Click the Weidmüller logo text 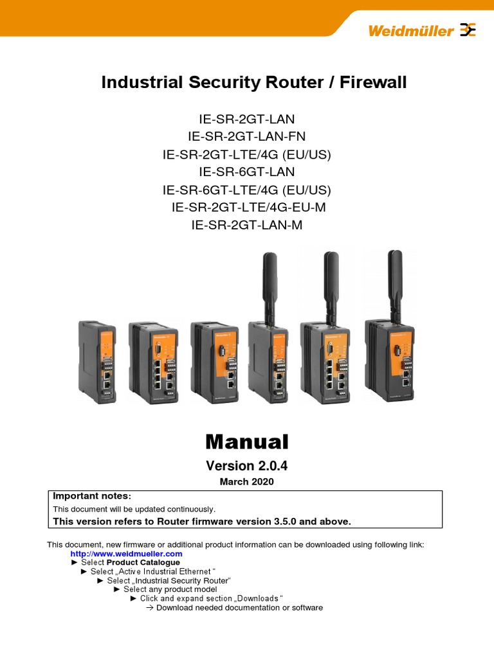click(410, 30)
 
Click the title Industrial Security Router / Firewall click(253, 82)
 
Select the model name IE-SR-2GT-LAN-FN click(247, 136)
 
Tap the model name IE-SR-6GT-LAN click(247, 172)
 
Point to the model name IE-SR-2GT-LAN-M click(247, 225)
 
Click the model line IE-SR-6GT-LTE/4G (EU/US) click(247, 190)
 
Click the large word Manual click(247, 441)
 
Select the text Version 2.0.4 click(247, 466)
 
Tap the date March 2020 click(247, 482)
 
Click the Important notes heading click(92, 496)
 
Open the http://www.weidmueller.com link click(126, 553)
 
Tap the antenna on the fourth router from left click(267, 283)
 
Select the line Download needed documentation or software click(239, 607)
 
